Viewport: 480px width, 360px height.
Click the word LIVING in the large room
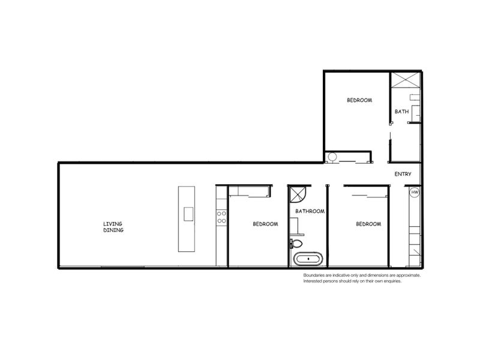(113, 224)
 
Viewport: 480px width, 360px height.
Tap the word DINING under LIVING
(113, 230)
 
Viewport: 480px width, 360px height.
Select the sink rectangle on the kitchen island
(188, 214)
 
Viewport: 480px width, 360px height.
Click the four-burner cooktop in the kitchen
(221, 217)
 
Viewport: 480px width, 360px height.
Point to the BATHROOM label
(310, 211)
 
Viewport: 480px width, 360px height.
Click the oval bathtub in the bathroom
(308, 260)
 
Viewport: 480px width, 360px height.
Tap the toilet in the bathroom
(296, 243)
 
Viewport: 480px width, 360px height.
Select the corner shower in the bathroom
(298, 196)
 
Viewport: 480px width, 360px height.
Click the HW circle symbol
(414, 193)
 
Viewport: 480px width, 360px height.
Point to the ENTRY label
(403, 175)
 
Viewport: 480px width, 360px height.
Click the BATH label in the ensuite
(401, 112)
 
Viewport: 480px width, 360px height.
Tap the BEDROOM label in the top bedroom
(359, 100)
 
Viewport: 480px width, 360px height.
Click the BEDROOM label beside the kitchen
(265, 224)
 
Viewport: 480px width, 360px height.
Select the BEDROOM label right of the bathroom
(368, 224)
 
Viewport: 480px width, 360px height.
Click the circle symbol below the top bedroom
(332, 157)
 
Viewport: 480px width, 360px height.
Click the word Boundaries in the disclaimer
(316, 275)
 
